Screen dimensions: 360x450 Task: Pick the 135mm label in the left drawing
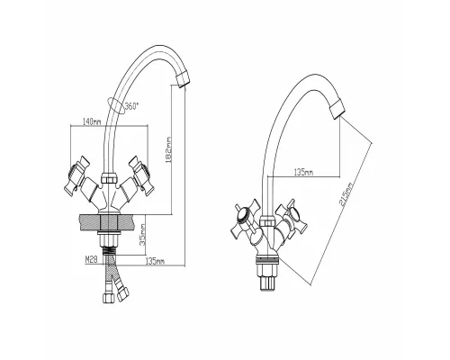tap(154, 262)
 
